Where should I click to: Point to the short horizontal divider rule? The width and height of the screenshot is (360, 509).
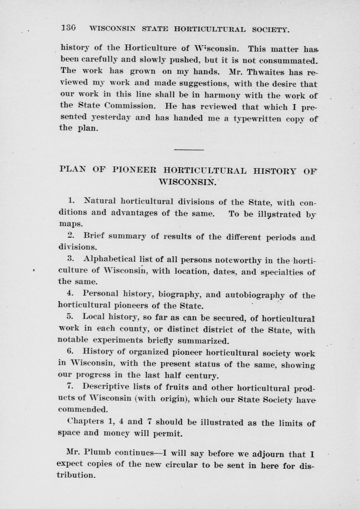coord(188,149)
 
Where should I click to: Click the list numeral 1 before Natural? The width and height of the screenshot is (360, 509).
coord(71,201)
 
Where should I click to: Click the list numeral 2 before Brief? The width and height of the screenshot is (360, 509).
coord(71,235)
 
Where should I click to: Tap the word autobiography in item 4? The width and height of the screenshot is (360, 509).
coord(255,295)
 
